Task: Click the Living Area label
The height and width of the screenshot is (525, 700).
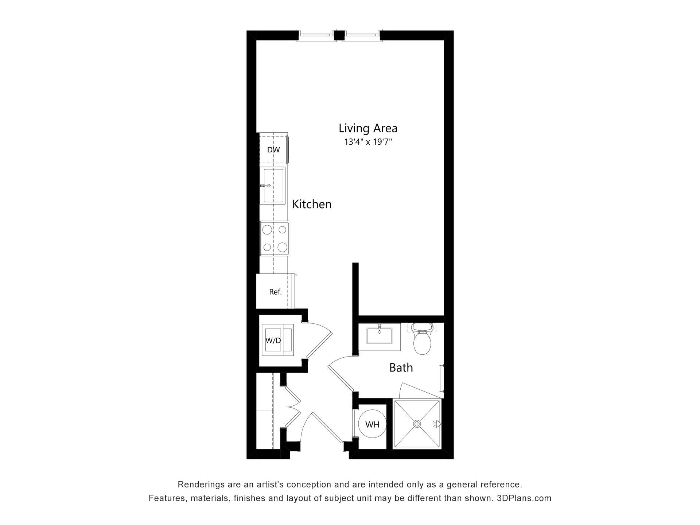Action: pos(368,128)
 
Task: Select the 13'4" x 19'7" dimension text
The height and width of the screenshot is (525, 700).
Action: pos(368,142)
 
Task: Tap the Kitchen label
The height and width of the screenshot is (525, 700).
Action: pos(312,204)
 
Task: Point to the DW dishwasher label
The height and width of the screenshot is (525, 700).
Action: pos(273,149)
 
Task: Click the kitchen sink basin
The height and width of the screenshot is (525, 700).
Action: pos(273,186)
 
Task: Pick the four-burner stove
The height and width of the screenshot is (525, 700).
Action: pos(275,238)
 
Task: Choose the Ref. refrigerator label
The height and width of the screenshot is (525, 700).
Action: pos(275,292)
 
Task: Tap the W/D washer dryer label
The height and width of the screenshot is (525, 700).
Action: pos(273,341)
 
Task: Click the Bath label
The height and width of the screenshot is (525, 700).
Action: pos(401,367)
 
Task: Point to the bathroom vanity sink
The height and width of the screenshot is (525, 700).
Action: pos(379,335)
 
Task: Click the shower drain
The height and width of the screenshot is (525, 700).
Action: pos(417,424)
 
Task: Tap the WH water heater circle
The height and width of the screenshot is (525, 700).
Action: pos(372,424)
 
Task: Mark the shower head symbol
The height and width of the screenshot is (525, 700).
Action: pos(437,424)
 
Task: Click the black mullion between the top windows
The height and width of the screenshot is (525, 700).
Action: pos(339,35)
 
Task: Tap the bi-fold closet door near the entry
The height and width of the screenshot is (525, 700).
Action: pos(292,407)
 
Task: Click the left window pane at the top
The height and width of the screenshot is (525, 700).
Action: pos(316,35)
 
